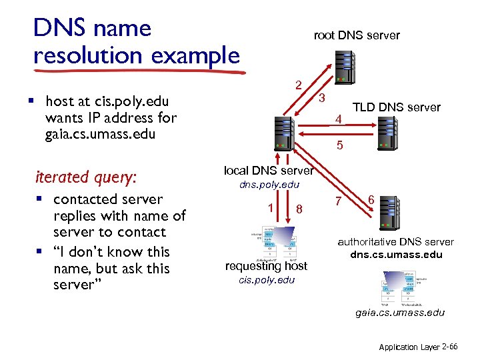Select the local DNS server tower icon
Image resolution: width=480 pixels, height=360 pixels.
point(284,134)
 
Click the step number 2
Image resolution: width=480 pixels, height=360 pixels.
point(299,85)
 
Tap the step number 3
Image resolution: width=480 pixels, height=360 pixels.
point(321,99)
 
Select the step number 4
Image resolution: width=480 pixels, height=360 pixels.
point(339,120)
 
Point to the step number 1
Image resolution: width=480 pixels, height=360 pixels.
point(269,207)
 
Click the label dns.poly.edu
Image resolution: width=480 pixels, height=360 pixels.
point(269,185)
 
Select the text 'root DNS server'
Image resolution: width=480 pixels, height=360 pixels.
point(357,35)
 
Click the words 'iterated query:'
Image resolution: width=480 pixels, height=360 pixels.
point(85,177)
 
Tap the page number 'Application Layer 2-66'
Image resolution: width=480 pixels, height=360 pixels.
point(418,347)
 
